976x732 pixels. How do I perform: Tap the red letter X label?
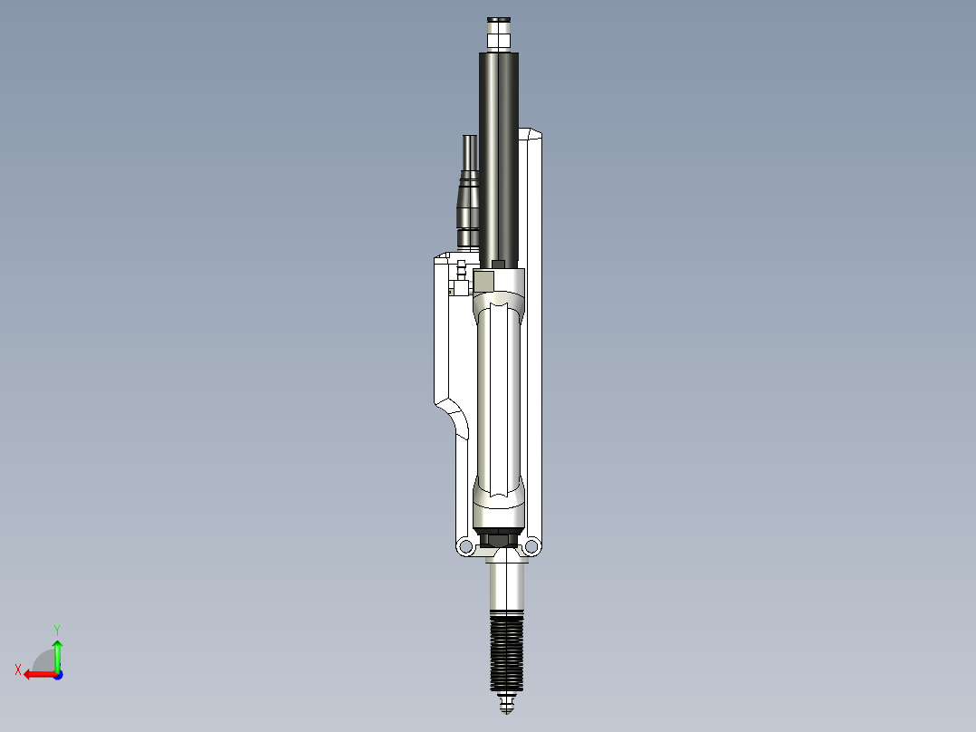pos(18,669)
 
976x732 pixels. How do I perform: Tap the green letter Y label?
pos(57,628)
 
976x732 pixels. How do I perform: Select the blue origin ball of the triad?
pos(57,674)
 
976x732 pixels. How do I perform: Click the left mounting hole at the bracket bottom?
pos(465,546)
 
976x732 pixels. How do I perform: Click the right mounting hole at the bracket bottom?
pos(531,546)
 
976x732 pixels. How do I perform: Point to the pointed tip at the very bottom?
pos(505,707)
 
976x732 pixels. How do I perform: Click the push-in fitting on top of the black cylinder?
pos(500,34)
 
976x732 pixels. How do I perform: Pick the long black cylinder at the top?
pos(500,154)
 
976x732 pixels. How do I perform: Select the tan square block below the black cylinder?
pos(485,281)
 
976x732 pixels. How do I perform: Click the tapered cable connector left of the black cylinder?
pos(468,195)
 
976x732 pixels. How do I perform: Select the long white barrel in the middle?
pos(498,399)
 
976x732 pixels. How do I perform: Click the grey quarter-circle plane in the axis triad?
pos(43,661)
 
